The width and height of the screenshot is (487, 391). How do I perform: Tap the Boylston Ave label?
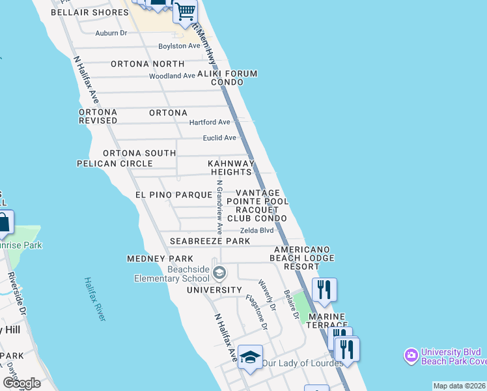click(x=180, y=46)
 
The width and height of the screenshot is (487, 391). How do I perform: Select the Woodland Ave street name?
click(x=172, y=76)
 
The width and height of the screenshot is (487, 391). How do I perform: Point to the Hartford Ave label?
click(x=210, y=123)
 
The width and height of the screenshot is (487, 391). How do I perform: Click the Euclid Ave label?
click(x=219, y=138)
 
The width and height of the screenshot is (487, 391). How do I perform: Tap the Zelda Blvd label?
click(x=257, y=231)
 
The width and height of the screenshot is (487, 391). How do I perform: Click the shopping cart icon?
click(x=186, y=11)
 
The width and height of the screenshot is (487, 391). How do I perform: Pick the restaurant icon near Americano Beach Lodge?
click(x=324, y=288)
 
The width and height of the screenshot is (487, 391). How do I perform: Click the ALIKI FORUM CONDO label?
click(x=227, y=78)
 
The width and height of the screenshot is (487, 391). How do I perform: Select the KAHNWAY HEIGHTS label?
click(x=230, y=167)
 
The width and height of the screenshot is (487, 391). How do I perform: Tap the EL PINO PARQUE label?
click(x=173, y=195)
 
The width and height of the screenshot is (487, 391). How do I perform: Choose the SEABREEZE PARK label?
click(x=210, y=241)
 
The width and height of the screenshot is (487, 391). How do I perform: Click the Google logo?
click(x=22, y=383)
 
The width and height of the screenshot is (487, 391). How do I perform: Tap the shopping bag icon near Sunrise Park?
click(x=4, y=223)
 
